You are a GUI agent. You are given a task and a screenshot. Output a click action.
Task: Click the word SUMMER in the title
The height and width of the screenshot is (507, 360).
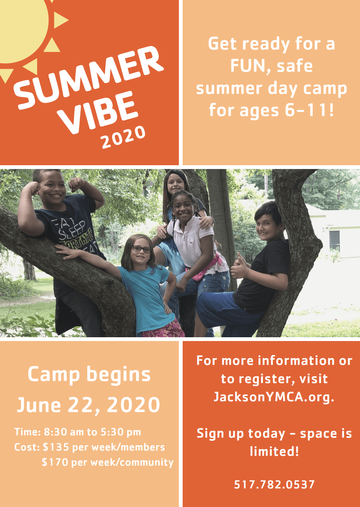(x=88, y=78)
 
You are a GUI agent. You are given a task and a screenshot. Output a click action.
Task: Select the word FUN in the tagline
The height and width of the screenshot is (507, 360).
(x=247, y=66)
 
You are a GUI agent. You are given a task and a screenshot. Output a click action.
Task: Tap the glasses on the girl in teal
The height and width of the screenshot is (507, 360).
(x=141, y=249)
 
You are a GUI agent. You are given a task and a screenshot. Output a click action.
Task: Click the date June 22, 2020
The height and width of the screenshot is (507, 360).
(x=89, y=404)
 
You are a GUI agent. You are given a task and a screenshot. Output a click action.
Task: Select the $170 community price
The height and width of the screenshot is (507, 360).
(x=55, y=462)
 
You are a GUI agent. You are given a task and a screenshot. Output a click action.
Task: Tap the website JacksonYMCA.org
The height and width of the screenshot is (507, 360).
(x=274, y=396)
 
